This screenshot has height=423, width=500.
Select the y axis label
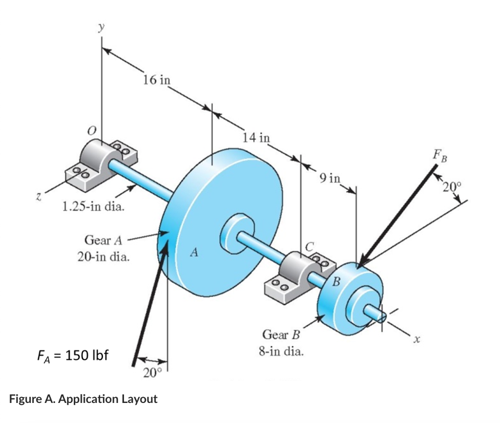click(102, 28)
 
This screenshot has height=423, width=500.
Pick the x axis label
click(417, 338)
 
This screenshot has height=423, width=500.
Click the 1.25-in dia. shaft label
click(93, 206)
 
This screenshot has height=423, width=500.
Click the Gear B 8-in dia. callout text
click(281, 343)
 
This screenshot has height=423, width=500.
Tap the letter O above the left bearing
click(91, 130)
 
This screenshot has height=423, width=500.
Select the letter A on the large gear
click(195, 253)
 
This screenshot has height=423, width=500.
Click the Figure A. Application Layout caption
click(83, 399)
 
